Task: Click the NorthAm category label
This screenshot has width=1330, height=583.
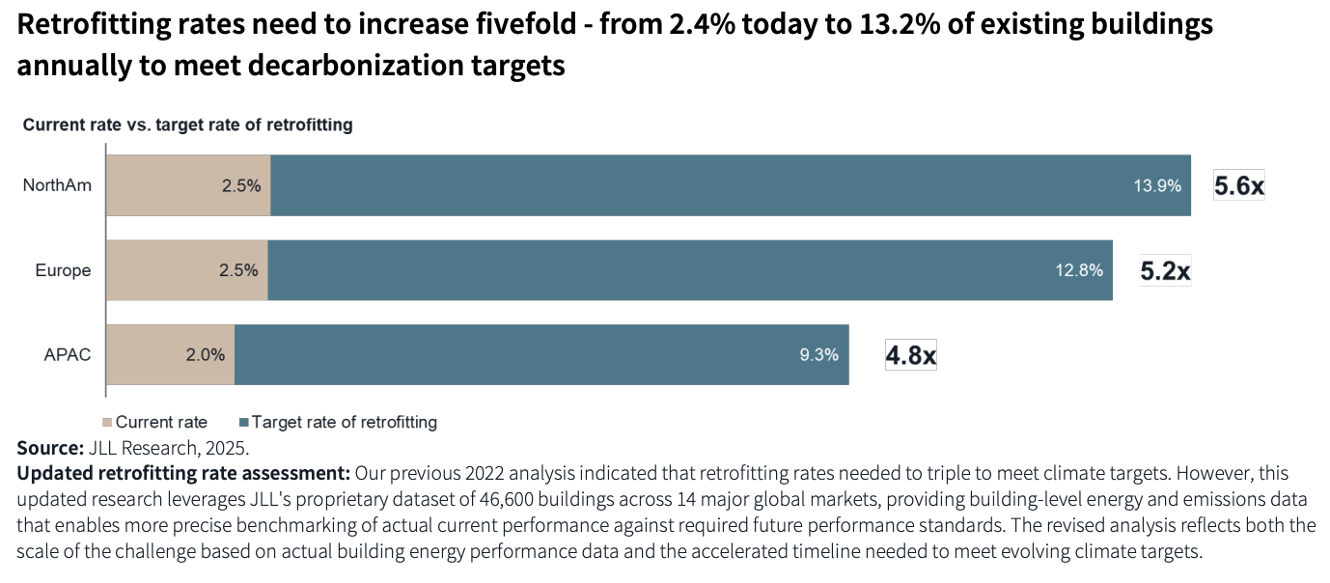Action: [x=57, y=185]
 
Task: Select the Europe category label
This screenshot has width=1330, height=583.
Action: [x=63, y=270]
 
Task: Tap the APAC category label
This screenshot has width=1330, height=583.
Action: [x=68, y=355]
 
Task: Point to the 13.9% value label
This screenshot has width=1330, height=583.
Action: [x=1157, y=186]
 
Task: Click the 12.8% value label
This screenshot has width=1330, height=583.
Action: [x=1078, y=271]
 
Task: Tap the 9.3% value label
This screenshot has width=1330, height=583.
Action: [x=818, y=355]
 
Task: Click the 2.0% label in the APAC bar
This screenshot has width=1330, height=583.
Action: [x=206, y=355]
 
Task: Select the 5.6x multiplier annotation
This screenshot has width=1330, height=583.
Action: [x=1238, y=186]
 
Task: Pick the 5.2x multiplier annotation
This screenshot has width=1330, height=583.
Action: [x=1165, y=271]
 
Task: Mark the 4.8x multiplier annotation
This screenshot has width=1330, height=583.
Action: [x=910, y=356]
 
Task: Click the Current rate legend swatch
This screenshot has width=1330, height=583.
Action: [x=108, y=423]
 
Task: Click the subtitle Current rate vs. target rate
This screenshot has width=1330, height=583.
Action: [x=187, y=125]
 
